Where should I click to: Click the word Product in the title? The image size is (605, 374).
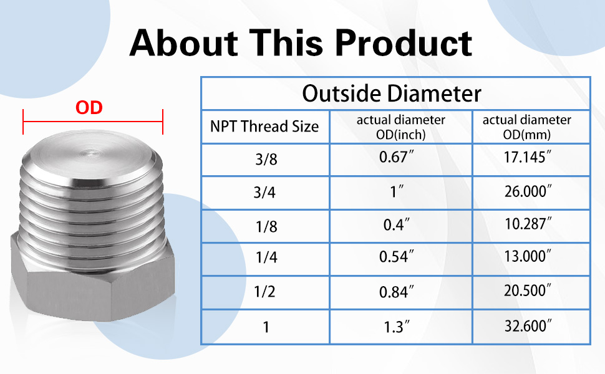coord(403,43)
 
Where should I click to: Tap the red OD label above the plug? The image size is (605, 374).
coord(89,108)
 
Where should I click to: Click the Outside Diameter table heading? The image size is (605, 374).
coord(392,93)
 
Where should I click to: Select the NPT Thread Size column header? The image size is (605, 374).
coord(264,127)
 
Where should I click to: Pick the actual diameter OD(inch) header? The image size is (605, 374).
coord(401,127)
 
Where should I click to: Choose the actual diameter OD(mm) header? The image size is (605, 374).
coord(526,127)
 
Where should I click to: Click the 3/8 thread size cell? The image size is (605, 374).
coord(266,159)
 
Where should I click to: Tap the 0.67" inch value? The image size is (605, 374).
coord(396,157)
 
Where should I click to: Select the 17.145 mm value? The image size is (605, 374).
coord(528,157)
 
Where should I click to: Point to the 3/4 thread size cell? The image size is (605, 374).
coord(264,192)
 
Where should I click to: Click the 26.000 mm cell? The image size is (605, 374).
coord(528,191)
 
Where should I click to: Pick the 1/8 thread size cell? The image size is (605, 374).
coord(266,227)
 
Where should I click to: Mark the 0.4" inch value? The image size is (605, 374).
coord(396,225)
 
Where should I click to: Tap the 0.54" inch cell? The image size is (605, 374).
coord(396,257)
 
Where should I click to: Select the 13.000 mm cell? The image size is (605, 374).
coord(528,256)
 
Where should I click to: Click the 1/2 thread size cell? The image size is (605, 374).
coord(264,292)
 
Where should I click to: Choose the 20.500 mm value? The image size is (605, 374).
coord(528,290)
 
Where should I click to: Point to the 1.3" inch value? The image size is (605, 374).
coord(396,327)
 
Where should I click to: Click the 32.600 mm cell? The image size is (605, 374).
coord(528,326)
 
